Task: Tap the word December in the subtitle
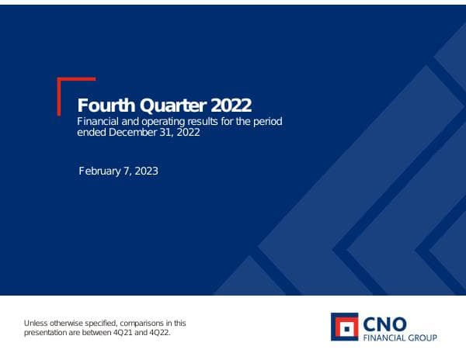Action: pyautogui.click(x=140, y=133)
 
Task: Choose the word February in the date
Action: pyautogui.click(x=101, y=171)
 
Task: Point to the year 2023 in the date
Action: pyautogui.click(x=146, y=171)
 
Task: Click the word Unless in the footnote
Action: pyautogui.click(x=36, y=323)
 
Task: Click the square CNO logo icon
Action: pyautogui.click(x=344, y=327)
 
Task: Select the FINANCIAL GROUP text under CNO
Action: pyautogui.click(x=400, y=337)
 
